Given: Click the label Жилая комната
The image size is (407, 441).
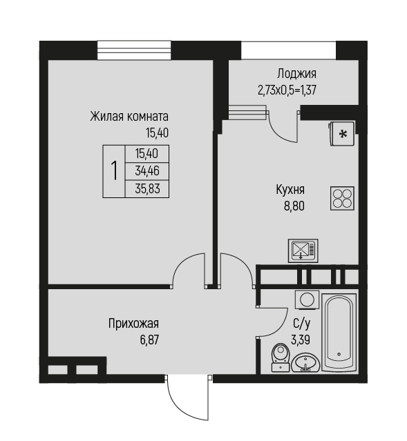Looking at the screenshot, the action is (x=129, y=116).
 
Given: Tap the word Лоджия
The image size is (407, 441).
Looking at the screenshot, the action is (x=296, y=74).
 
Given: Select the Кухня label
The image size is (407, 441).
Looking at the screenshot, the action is (x=290, y=190).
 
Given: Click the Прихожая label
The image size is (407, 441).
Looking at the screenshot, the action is (x=133, y=324).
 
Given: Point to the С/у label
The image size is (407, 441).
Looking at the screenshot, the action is (x=301, y=324).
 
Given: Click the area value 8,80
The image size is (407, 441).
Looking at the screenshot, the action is (x=294, y=206).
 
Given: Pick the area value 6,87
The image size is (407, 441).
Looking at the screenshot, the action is (x=149, y=340).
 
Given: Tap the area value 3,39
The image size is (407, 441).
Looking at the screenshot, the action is (x=301, y=340).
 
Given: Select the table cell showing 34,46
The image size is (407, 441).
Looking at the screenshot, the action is (x=147, y=171).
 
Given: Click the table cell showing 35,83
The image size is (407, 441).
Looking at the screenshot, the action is (x=147, y=188).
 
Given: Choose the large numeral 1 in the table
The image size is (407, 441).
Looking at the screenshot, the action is (x=114, y=170).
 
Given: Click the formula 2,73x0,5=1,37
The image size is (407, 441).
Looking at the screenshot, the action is (x=287, y=90).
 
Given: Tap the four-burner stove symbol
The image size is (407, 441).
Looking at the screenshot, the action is (x=342, y=199).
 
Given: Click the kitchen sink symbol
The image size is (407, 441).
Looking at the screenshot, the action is (x=303, y=251).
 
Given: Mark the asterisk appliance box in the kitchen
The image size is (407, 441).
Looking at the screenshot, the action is (x=341, y=134).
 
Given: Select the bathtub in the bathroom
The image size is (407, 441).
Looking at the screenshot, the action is (x=339, y=332).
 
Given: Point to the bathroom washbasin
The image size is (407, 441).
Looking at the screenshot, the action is (x=305, y=363).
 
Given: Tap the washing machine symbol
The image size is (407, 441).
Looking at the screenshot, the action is (x=307, y=300).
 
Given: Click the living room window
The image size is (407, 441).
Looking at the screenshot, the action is (x=134, y=50).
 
